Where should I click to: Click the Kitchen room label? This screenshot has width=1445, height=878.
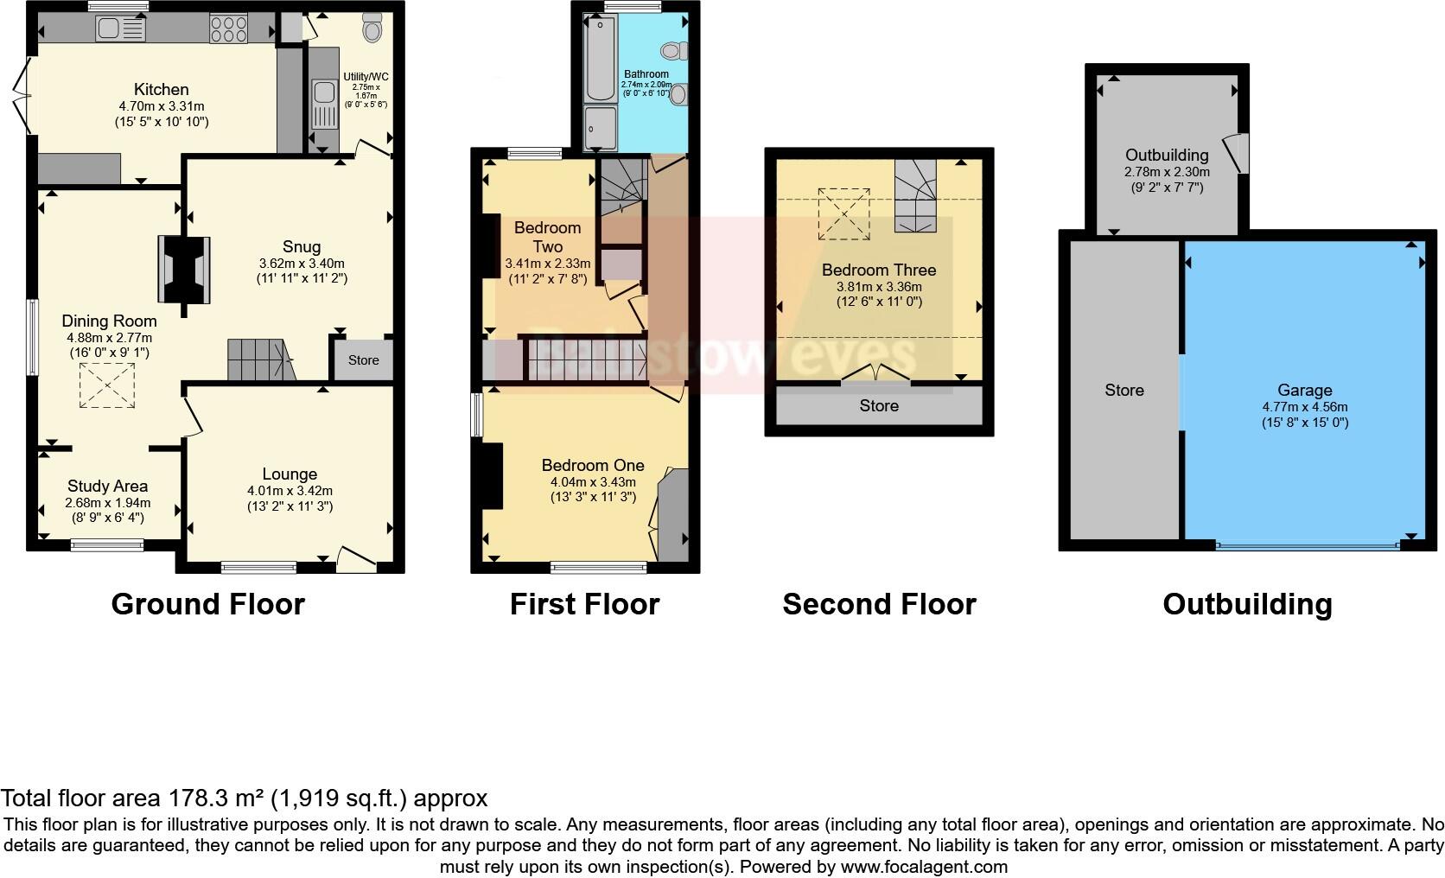(161, 89)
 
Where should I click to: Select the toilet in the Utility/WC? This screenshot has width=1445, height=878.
(372, 30)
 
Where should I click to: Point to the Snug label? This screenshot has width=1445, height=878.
(302, 245)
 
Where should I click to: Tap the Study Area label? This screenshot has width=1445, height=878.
(107, 487)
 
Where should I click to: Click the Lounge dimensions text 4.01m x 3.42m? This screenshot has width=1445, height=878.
(290, 490)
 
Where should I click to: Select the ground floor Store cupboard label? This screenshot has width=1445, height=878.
(363, 360)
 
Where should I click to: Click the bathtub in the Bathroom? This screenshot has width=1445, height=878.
(598, 58)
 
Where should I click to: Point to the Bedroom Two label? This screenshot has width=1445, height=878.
(547, 237)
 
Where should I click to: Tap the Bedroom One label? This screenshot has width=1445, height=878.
(593, 465)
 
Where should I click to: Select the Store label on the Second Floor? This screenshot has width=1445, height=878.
(879, 405)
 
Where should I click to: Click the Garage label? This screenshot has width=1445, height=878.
(1304, 390)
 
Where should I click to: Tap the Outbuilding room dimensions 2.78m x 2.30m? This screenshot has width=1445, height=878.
(1167, 172)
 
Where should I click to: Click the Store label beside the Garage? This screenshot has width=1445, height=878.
(1124, 390)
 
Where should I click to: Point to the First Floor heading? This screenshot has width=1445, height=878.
(584, 603)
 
